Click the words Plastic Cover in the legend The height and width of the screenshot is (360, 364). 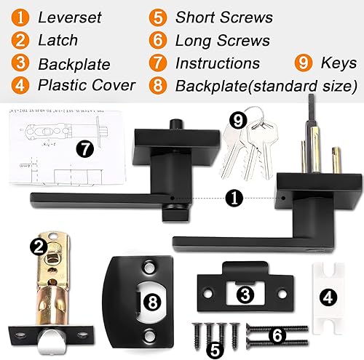pos(87,86)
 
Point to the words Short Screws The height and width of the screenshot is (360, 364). pos(225,16)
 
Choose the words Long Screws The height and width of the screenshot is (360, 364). pos(223,40)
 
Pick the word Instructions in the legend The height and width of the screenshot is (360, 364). pos(218,63)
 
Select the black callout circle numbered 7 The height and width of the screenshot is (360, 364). pos(86,150)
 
